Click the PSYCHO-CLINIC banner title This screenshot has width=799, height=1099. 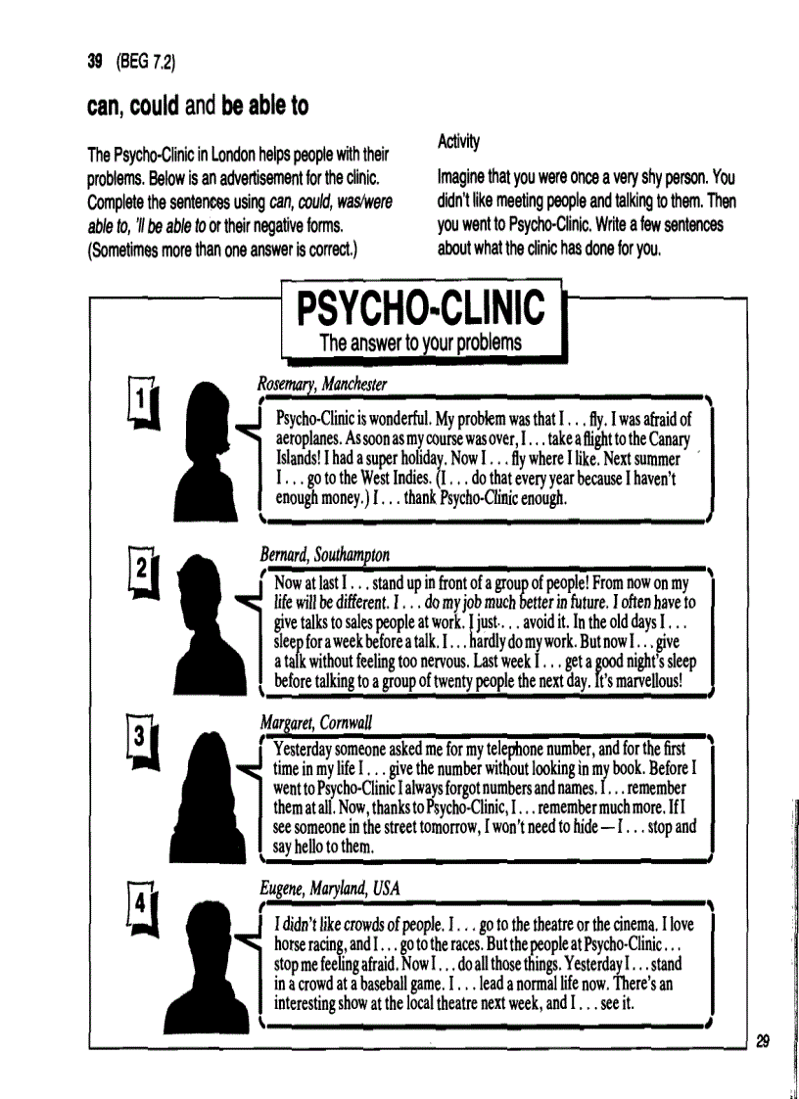coord(421,306)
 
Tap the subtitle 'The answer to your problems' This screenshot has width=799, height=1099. coord(420,343)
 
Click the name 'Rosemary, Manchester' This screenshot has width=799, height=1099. coord(322,383)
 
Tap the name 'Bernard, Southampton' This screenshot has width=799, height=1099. coord(325,555)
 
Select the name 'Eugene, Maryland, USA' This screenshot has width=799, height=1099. coord(330,888)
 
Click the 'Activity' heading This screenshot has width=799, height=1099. coord(457,142)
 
